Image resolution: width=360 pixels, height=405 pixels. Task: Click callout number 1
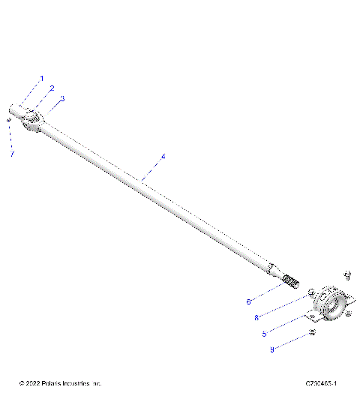click(x=42, y=79)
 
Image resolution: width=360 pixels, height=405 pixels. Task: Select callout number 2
click(x=52, y=88)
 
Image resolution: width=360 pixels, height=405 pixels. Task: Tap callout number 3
click(x=61, y=98)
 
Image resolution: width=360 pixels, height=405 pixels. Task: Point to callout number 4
click(x=163, y=157)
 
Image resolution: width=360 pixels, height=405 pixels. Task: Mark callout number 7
click(x=12, y=154)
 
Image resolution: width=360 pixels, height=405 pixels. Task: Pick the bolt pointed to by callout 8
click(x=309, y=290)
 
